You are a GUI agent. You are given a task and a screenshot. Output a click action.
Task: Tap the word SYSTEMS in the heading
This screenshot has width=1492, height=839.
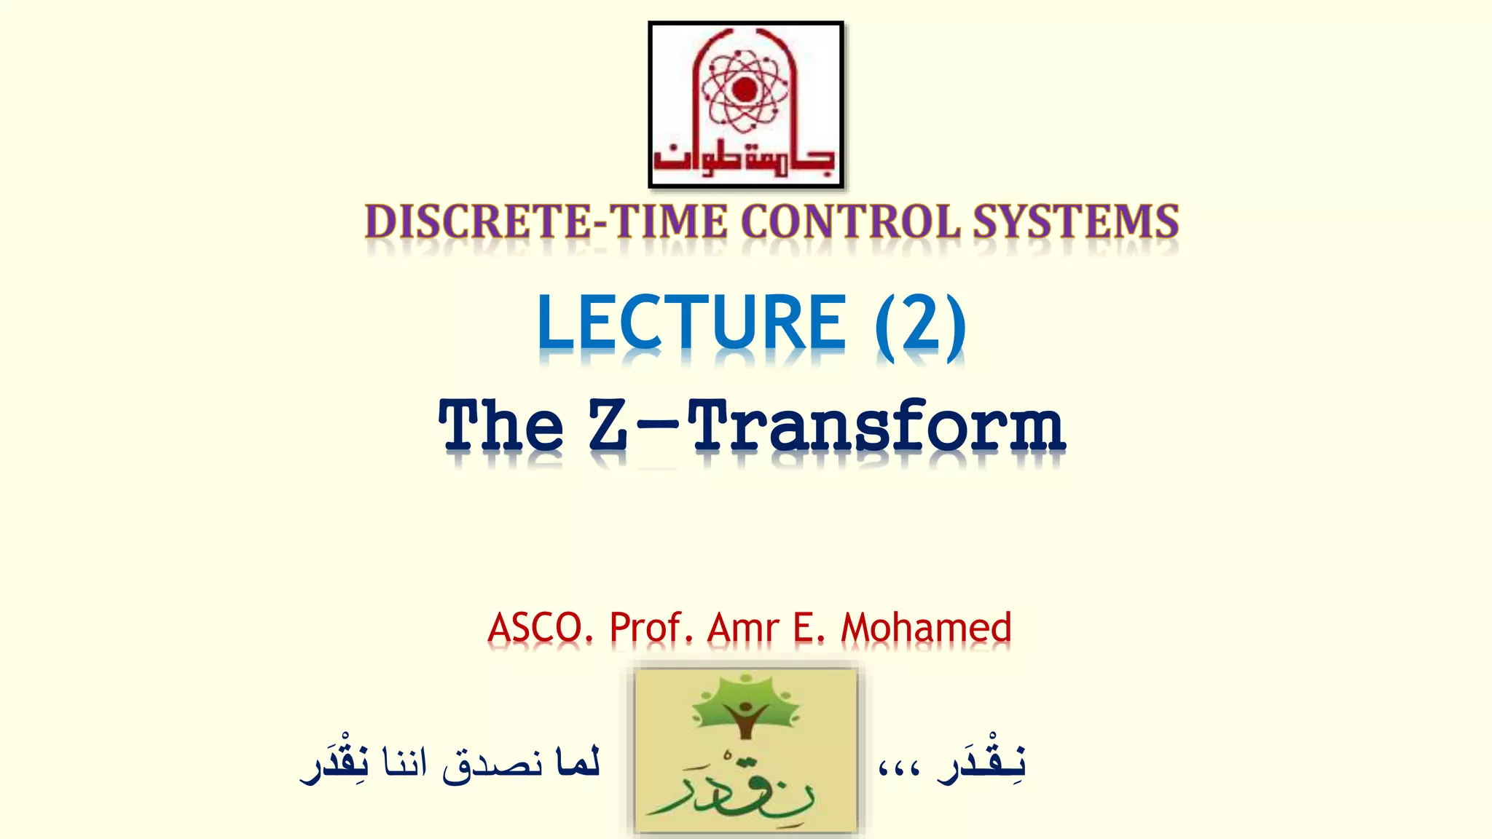click(1076, 221)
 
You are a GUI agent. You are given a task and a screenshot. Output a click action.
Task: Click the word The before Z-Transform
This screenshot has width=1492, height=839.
click(501, 426)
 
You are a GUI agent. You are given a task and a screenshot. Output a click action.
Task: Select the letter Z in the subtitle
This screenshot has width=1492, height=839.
click(608, 426)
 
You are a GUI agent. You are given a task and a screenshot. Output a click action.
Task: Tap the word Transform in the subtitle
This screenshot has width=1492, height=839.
click(876, 426)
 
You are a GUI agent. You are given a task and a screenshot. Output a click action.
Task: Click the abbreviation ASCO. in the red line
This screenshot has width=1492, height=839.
click(540, 628)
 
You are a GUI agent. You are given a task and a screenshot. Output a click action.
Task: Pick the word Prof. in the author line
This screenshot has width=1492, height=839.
click(651, 628)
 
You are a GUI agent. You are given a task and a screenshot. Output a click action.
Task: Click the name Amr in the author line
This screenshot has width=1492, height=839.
click(743, 628)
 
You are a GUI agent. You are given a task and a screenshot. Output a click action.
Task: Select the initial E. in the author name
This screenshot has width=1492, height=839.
click(809, 628)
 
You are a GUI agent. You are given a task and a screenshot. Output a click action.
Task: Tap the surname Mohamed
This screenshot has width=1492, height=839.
click(926, 628)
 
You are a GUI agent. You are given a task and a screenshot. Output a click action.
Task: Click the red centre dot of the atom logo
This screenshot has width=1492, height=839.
click(745, 90)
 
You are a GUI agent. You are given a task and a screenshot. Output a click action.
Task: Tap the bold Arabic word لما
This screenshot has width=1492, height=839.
click(577, 763)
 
